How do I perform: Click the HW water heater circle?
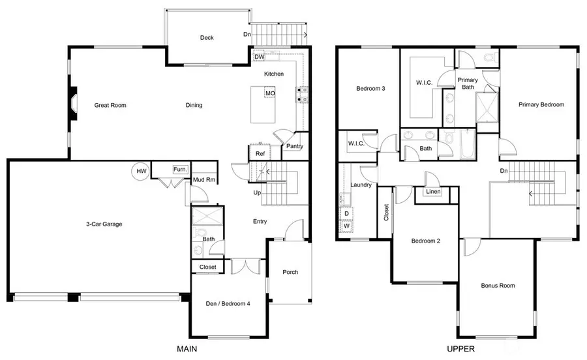(140, 172)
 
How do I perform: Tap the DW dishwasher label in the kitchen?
(260, 57)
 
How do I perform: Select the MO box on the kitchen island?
(269, 94)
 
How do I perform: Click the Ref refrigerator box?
(260, 154)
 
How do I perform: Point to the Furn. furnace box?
(180, 170)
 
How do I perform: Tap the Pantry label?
(294, 147)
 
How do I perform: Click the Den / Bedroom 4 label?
(228, 303)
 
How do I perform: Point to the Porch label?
(290, 272)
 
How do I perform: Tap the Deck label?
(207, 38)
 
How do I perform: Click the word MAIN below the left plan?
(188, 350)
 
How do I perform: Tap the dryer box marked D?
(346, 213)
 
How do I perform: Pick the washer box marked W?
(346, 226)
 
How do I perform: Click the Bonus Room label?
(498, 286)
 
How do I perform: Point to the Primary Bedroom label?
(541, 104)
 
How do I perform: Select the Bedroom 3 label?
(369, 89)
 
